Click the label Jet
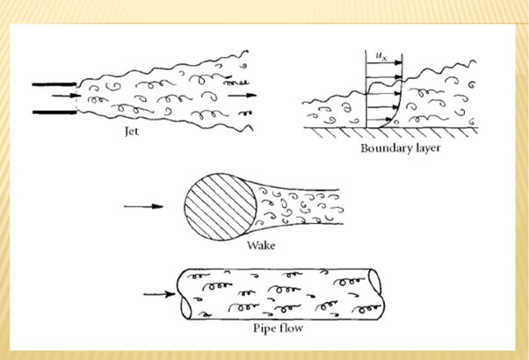132,131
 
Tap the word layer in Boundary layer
426,148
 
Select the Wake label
261,245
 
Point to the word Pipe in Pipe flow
265,328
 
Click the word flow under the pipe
292,328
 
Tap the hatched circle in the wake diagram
221,206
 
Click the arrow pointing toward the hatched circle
144,206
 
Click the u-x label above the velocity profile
381,56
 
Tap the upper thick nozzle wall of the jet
54,84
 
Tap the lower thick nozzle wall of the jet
54,112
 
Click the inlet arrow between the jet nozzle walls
67,96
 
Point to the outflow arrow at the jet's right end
243,96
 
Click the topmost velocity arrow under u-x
384,62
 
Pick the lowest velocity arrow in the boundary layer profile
379,119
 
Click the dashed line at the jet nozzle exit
77,98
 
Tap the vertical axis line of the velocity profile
366,89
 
